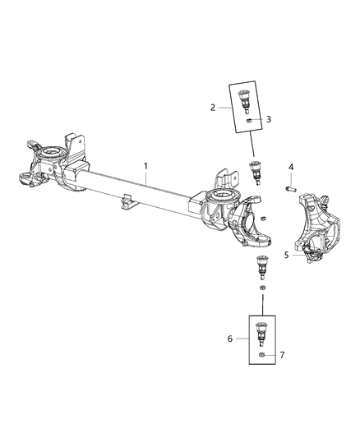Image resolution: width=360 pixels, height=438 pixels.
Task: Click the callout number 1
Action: coord(146,166)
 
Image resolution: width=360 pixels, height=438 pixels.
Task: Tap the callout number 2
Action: coord(213,107)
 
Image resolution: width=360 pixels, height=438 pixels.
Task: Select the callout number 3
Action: coord(268,119)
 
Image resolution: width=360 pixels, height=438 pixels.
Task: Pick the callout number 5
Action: coord(287,255)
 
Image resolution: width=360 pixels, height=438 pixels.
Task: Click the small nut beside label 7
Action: coord(261,355)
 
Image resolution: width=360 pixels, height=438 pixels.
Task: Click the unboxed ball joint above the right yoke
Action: coord(256,174)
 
